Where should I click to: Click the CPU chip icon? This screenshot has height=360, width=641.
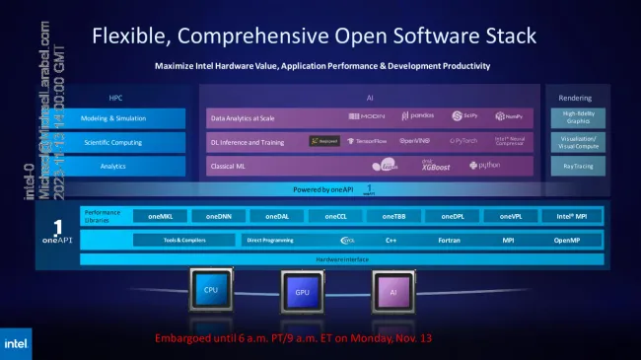tap(210, 291)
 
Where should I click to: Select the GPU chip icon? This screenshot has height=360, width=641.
tap(302, 293)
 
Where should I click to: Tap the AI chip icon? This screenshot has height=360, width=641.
tap(392, 292)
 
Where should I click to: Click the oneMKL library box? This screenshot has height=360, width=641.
tap(160, 216)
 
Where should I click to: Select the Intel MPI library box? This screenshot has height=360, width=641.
tap(571, 216)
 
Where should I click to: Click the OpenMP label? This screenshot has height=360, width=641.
tap(566, 240)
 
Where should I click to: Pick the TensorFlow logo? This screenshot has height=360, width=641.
tap(370, 141)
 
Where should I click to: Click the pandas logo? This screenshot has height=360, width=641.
tap(417, 117)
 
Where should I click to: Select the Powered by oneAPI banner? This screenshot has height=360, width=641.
tap(325, 188)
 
